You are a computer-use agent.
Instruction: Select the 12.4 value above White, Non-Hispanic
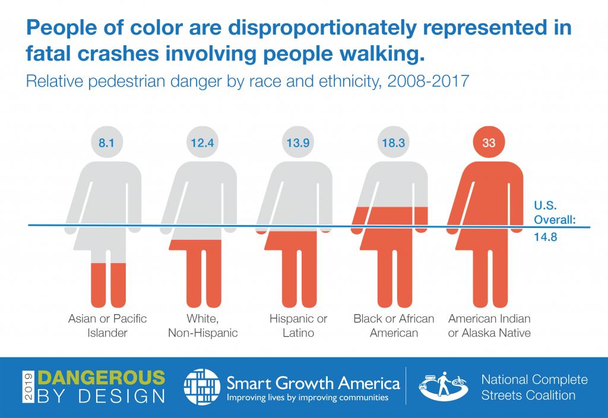202,143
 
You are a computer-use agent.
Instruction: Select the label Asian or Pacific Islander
107,325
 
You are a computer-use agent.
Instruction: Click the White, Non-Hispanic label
202,325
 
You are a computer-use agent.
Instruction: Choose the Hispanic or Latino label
298,325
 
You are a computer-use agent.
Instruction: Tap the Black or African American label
394,325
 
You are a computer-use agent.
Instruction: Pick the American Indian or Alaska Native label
489,325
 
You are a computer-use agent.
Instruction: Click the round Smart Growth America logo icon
201,387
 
